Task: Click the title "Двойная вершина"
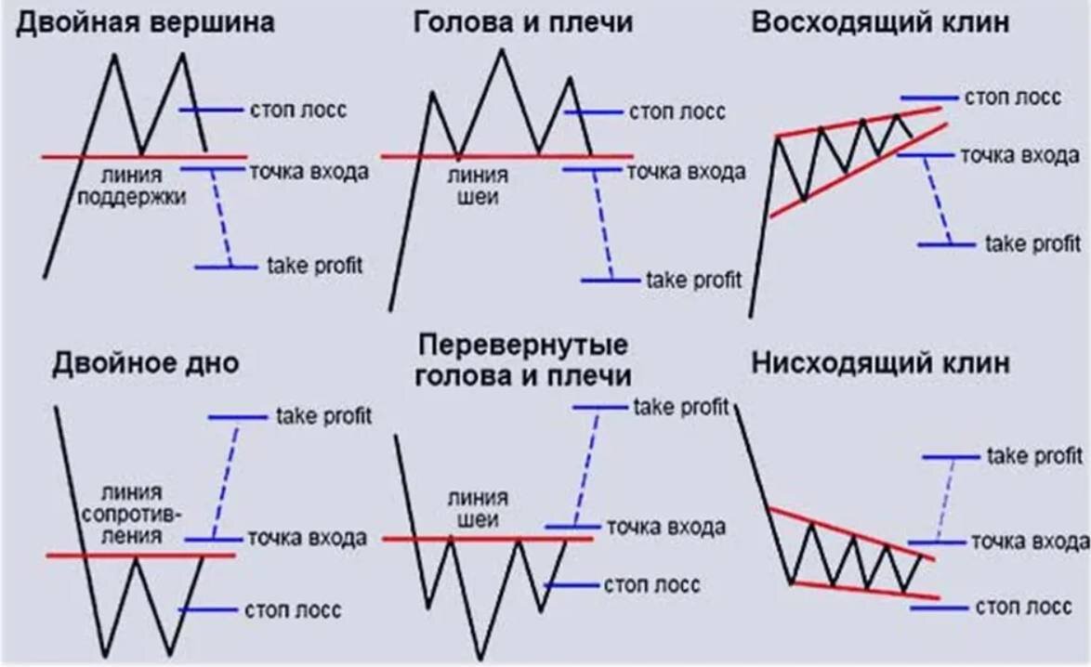145,22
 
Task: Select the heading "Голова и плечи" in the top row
523,22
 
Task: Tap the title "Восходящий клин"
879,22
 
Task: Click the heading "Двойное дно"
145,363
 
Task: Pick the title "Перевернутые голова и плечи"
524,360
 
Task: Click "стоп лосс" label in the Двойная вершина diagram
297,110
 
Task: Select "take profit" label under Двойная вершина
314,266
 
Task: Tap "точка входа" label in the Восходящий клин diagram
1019,155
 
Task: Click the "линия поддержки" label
133,186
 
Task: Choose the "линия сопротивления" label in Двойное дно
134,514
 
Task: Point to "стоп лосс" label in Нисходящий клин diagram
1023,608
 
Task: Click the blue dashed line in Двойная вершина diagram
220,218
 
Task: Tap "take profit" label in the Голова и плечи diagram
693,279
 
